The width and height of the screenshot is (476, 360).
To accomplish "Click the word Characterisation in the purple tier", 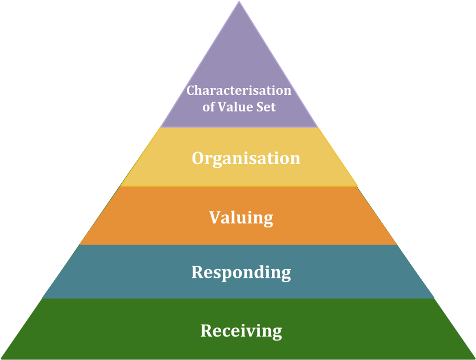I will tap(239, 90).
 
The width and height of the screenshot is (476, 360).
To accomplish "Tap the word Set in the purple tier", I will tap(266, 107).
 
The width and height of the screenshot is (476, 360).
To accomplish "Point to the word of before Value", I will tap(209, 107).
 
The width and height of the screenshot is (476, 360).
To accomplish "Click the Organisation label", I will tap(246, 158).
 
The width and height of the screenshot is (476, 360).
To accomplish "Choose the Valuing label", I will tap(241, 218).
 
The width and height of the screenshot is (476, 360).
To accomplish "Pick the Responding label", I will tap(241, 272).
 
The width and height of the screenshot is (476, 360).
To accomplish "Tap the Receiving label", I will tap(241, 331).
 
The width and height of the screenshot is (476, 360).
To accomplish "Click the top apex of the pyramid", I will tap(239, 2).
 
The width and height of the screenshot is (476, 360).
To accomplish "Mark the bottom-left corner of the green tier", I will tap(2, 358).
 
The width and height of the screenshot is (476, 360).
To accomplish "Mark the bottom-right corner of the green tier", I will tap(474, 358).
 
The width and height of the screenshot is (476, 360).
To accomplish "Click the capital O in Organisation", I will tap(198, 158).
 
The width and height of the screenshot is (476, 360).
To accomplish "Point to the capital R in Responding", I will tap(197, 272).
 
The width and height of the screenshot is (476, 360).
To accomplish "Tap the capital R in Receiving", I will tap(206, 331).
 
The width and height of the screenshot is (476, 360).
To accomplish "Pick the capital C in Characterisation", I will tap(191, 90).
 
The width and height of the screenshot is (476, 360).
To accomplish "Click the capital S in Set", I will tap(261, 107).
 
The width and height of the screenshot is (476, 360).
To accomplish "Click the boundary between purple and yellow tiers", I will tap(239, 127).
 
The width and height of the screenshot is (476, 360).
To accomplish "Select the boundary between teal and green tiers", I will tap(239, 299).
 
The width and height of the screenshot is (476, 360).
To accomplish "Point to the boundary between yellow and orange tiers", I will tap(239, 186).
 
